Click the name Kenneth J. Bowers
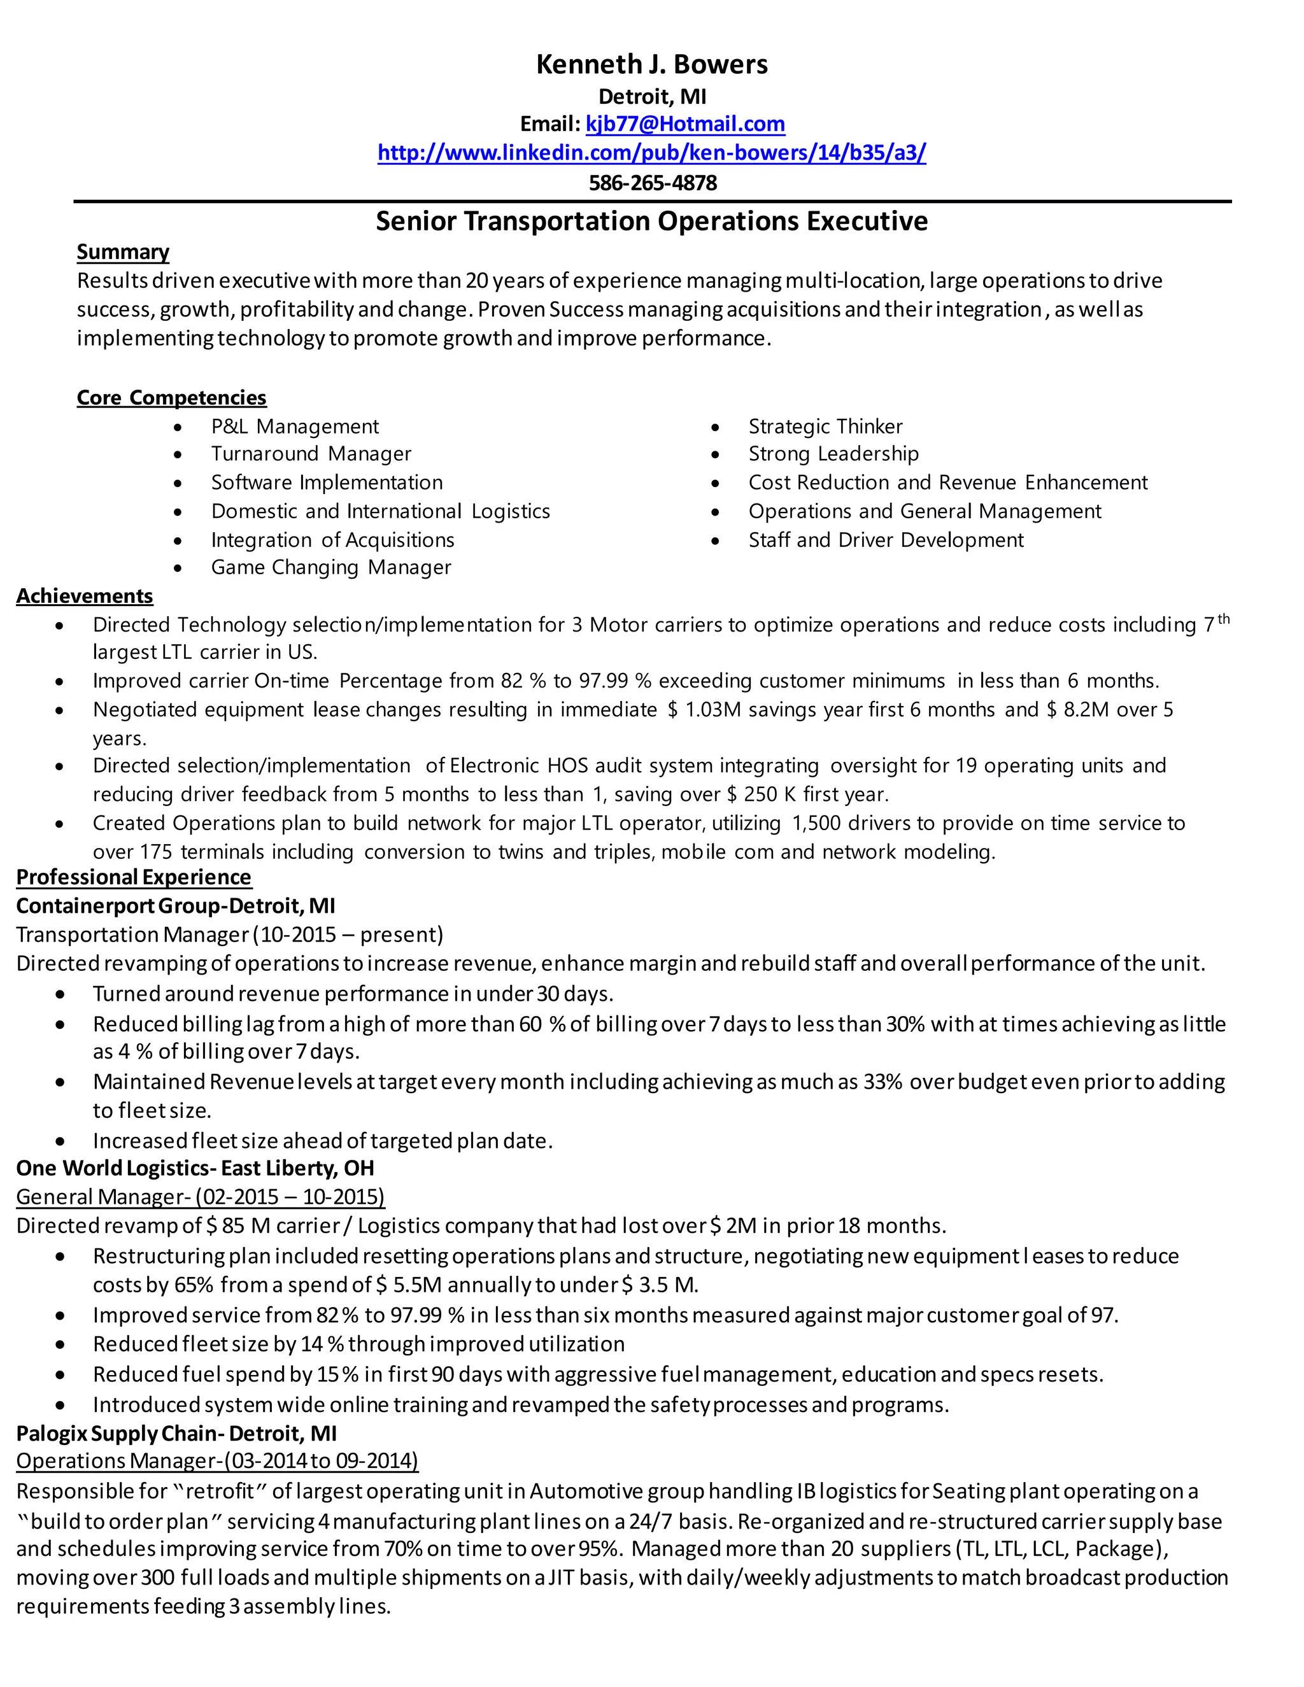click(x=651, y=64)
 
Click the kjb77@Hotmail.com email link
click(x=685, y=124)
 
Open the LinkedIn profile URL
click(x=651, y=152)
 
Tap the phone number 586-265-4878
click(x=653, y=183)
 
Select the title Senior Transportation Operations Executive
click(x=651, y=222)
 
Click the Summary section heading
click(x=123, y=252)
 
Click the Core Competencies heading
click(x=171, y=398)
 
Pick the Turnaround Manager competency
click(x=311, y=453)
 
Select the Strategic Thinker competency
click(x=825, y=427)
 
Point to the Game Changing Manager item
click(x=330, y=567)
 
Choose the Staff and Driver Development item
click(x=885, y=540)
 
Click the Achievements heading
click(x=84, y=596)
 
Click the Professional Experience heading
click(x=134, y=877)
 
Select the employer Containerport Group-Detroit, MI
click(x=175, y=906)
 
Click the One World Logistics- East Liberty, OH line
click(x=195, y=1168)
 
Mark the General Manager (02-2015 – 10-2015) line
click(x=200, y=1197)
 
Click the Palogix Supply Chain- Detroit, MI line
click(x=176, y=1434)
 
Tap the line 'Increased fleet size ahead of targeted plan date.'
click(x=322, y=1141)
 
